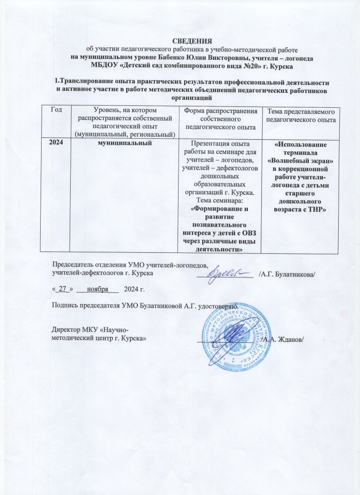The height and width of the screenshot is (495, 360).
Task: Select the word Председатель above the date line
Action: (74, 264)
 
